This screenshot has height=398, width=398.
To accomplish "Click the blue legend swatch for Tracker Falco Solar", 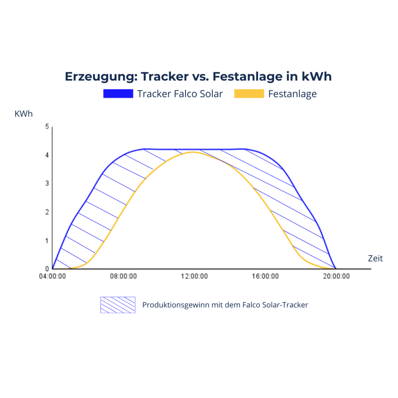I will [118, 94].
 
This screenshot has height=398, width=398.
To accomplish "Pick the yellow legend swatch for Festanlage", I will [249, 94].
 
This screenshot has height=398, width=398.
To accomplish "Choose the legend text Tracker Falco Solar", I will [180, 94].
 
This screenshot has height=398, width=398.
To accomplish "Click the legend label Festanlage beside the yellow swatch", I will [292, 94].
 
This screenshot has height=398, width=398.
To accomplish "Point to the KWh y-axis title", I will [24, 114].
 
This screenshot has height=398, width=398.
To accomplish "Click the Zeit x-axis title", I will [375, 258].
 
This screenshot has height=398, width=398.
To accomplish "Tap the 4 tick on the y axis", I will [47, 155].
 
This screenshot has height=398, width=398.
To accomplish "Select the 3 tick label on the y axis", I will [47, 183].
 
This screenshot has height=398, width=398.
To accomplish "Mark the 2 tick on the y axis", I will [47, 212].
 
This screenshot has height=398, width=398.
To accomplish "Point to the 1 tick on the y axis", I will [47, 241].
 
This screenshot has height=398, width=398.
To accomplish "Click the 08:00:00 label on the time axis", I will [123, 276].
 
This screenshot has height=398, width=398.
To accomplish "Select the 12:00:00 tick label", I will [194, 276].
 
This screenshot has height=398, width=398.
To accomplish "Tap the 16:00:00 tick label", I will [265, 276].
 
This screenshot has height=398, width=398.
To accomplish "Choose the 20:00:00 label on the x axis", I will [336, 276].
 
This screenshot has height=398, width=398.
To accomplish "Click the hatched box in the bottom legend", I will [118, 305].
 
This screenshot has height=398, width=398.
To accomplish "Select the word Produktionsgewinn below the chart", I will [175, 305].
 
